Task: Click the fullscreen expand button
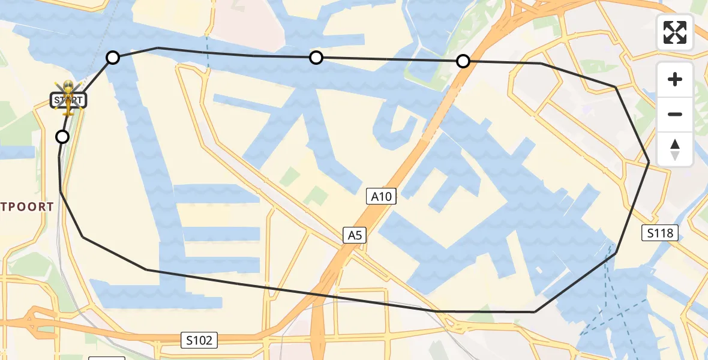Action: (x=675, y=32)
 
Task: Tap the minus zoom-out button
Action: (x=675, y=114)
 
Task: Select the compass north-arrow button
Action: (x=675, y=149)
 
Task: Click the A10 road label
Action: (x=382, y=196)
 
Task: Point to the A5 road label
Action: (x=354, y=235)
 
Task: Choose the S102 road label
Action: (x=199, y=340)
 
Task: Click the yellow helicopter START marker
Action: (x=68, y=98)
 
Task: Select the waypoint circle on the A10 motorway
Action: (x=463, y=61)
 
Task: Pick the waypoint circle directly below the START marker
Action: (x=62, y=137)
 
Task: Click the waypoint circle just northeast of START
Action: (x=113, y=58)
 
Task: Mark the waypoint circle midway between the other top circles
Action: (x=316, y=58)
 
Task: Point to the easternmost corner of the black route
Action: (x=649, y=162)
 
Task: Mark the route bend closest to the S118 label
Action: (x=616, y=253)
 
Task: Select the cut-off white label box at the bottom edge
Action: (x=107, y=358)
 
